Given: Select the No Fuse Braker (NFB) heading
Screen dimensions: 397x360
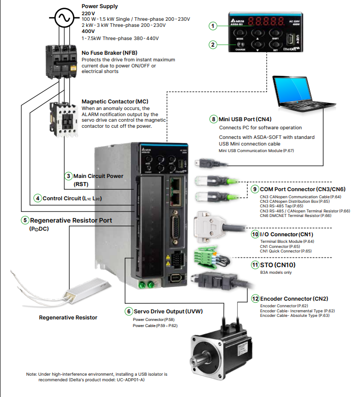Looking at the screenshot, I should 109,53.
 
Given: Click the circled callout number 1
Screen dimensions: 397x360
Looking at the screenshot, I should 213,25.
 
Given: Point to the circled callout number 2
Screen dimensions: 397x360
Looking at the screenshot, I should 213,44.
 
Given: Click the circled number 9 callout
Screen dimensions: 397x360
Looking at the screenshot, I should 255,189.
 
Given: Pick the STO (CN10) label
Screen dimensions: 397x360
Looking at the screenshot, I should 278,265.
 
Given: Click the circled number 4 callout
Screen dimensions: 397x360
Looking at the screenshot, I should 38,198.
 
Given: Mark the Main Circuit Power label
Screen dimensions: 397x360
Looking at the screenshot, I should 98,176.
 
